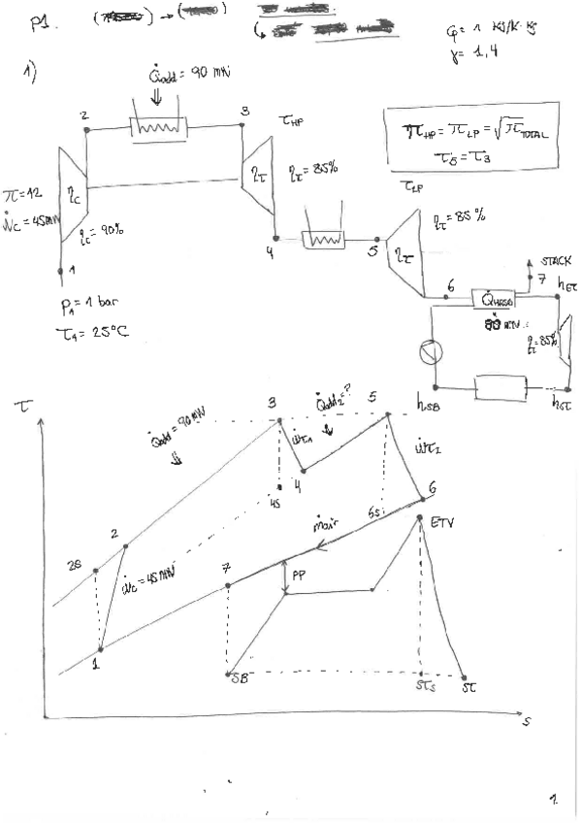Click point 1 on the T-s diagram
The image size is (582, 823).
99,652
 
